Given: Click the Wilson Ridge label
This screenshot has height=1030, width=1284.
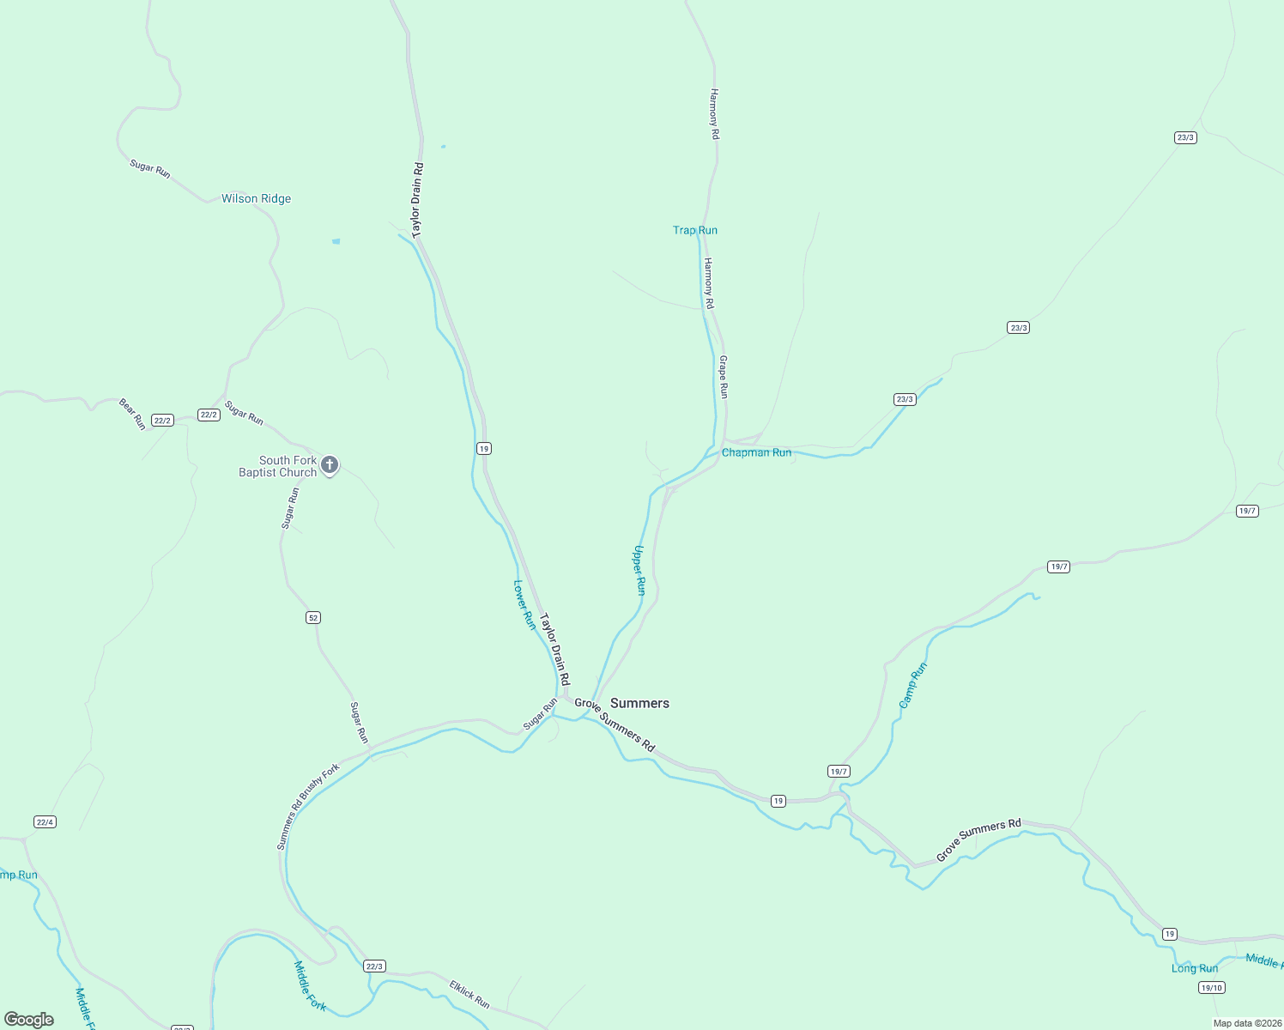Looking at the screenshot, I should point(256,198).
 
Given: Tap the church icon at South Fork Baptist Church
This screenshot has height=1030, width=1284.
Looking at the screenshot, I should point(330,465).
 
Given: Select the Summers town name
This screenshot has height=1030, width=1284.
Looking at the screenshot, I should point(639,703).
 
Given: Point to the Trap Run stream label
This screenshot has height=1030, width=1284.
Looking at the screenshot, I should point(695,230).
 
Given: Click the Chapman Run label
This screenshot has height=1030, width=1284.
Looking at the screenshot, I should point(756,452).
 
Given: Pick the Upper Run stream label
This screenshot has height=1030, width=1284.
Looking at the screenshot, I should point(639,570).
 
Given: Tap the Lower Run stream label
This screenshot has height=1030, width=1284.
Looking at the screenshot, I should point(524,604).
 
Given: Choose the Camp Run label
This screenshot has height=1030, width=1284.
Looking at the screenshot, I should point(912,685).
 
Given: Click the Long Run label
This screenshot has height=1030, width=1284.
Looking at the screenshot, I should point(1195,968).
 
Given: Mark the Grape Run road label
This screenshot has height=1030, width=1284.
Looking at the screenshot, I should point(724,377).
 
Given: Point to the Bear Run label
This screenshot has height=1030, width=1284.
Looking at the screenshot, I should point(132,414).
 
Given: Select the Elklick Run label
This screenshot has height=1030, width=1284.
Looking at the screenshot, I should point(469,994).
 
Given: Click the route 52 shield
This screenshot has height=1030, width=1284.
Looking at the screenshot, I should point(313,618).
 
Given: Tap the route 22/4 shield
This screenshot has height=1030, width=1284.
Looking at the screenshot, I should point(45,821).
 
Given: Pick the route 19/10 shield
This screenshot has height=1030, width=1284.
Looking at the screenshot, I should point(1212,987).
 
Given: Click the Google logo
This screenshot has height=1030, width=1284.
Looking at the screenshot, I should point(29,1020).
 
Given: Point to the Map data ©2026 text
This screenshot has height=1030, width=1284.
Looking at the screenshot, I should point(1247,1023).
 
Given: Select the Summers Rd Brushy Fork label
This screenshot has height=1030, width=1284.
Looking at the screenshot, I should point(308,806).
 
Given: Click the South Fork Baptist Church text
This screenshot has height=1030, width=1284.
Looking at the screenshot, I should point(278,466).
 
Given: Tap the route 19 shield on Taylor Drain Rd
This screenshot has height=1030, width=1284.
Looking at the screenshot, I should point(484,449).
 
